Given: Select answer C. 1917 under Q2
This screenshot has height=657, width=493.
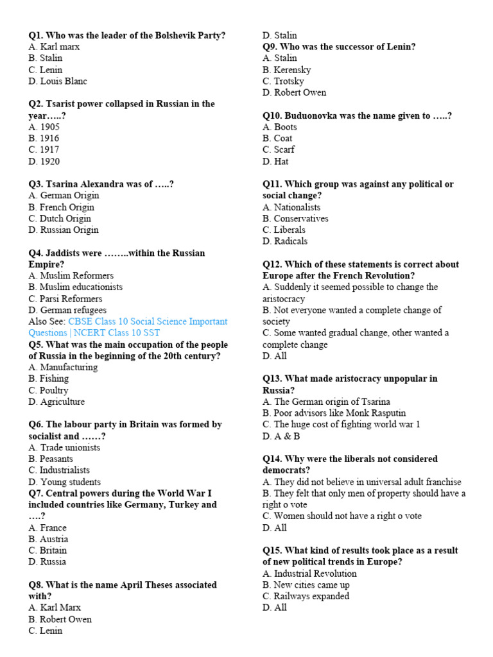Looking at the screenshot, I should pyautogui.click(x=44, y=150).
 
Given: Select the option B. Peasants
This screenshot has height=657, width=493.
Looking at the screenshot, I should pyautogui.click(x=51, y=459).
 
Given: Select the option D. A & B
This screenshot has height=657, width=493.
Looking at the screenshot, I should pyautogui.click(x=281, y=436).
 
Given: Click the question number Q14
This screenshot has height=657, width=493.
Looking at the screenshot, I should pyautogui.click(x=271, y=459).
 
